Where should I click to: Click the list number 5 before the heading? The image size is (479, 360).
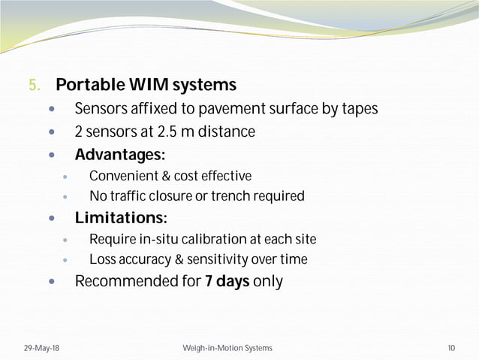coord(34,85)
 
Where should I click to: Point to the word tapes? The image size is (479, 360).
coord(359,110)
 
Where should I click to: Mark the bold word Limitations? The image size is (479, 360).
coord(118,219)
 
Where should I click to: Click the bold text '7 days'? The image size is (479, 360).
coord(227,283)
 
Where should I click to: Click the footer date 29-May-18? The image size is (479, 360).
coord(39,349)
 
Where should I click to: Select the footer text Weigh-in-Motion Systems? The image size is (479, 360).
coord(227,349)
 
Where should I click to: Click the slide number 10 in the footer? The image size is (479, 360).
coord(450,349)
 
